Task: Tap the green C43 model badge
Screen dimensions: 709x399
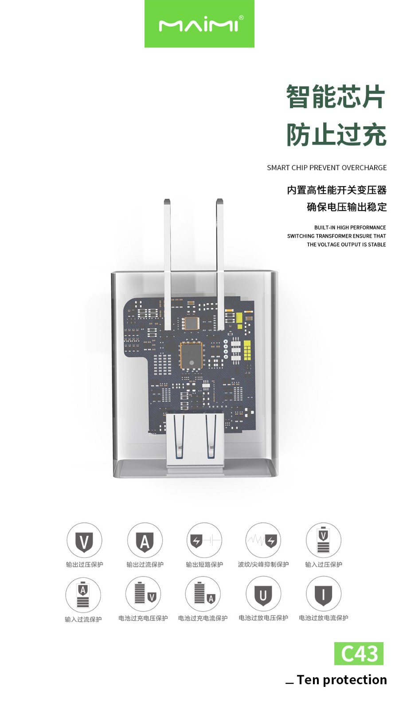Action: (359, 653)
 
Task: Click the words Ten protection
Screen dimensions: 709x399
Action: (341, 680)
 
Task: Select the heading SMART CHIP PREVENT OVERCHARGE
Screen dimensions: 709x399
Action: (327, 168)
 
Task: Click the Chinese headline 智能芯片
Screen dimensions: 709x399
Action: (336, 97)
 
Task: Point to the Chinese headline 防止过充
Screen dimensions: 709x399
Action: (336, 135)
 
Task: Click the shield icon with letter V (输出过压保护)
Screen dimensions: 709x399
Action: (84, 541)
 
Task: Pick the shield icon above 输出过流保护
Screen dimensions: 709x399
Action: (145, 541)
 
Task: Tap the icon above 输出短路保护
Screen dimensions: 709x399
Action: (204, 541)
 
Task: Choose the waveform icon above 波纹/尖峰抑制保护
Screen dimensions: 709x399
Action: (263, 541)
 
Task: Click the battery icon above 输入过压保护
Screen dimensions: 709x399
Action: (324, 541)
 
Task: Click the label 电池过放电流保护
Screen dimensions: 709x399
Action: (324, 618)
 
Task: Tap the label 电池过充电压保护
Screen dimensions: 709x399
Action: (143, 618)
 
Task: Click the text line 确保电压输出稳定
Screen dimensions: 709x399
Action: (347, 207)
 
